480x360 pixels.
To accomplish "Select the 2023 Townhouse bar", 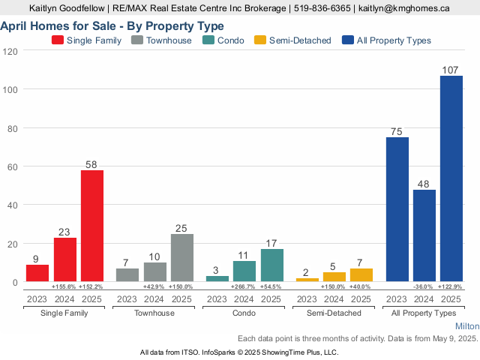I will [127, 274].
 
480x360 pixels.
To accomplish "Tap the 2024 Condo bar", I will [244, 271].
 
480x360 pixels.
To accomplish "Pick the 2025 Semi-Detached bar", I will [361, 274].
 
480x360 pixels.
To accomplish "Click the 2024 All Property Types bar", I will [424, 235].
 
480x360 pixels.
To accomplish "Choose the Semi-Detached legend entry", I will [292, 40].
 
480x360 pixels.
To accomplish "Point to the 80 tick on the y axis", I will [13, 127].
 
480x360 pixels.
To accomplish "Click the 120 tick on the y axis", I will [10, 50].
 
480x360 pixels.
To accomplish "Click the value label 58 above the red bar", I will [92, 163].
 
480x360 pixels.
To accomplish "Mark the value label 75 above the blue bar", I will [397, 131].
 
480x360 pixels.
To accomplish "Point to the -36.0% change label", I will [424, 287].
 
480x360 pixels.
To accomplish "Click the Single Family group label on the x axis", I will [65, 313].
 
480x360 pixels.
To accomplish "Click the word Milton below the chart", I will [466, 327].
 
